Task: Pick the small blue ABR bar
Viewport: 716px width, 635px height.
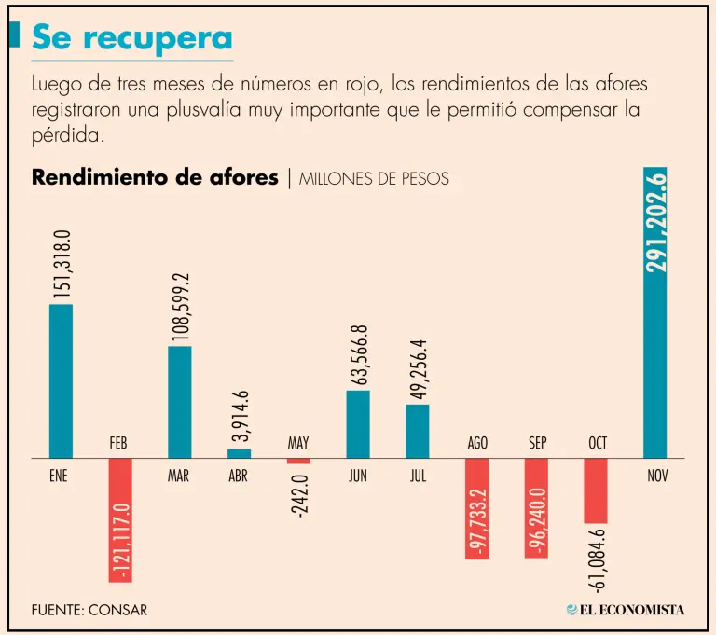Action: click(x=239, y=453)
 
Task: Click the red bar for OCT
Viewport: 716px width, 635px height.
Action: click(x=596, y=490)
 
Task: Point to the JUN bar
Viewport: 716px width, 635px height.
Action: click(x=358, y=423)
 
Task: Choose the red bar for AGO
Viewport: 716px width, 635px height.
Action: click(x=477, y=509)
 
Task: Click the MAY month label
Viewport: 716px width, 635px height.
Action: click(x=298, y=444)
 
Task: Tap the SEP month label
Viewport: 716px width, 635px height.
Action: click(x=537, y=444)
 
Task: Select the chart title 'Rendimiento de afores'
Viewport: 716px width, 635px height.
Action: click(x=155, y=177)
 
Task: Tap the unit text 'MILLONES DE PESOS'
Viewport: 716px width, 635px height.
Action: click(x=374, y=179)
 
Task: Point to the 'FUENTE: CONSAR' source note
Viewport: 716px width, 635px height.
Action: click(x=89, y=610)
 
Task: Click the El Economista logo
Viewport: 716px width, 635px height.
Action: click(x=626, y=610)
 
